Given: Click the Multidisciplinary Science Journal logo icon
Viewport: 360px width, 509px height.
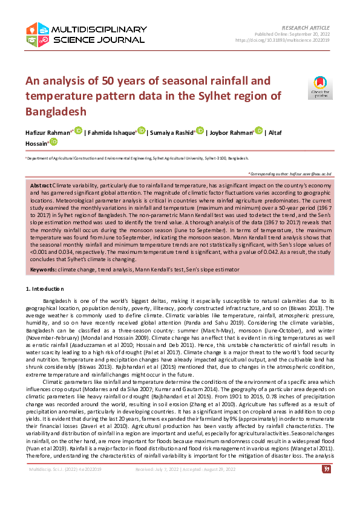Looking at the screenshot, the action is (x=38, y=34).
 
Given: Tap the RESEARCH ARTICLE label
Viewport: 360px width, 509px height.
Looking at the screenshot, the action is (x=306, y=28).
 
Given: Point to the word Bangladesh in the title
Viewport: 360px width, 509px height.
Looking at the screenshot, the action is (x=56, y=111).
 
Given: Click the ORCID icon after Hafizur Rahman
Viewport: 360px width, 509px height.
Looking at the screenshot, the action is (x=78, y=131).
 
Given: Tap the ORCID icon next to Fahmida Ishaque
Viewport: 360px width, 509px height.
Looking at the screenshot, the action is (x=142, y=131).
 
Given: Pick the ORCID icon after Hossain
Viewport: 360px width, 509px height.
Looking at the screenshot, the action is (x=54, y=141).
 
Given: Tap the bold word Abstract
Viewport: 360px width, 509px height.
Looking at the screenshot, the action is (x=41, y=184).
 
